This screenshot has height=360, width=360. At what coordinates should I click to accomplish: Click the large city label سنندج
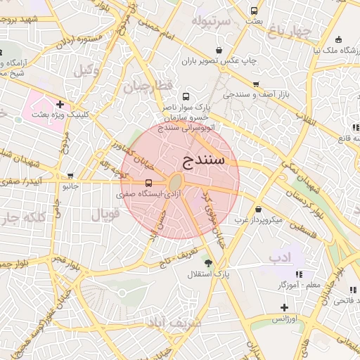click(x=204, y=160)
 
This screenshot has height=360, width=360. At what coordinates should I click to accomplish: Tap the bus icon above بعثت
click(x=254, y=11)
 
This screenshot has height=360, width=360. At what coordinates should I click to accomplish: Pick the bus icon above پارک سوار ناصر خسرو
click(x=186, y=97)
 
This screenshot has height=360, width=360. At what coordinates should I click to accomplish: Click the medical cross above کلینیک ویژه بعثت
click(x=60, y=104)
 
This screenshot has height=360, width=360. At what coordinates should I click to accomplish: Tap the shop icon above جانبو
click(x=70, y=176)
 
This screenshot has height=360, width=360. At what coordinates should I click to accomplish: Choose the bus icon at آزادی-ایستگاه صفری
click(x=138, y=183)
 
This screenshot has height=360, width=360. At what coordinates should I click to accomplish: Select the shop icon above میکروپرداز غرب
click(x=259, y=209)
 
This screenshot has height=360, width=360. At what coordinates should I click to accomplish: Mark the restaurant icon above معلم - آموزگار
click(x=300, y=274)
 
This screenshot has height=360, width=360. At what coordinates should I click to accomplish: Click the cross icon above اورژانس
click(x=284, y=307)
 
